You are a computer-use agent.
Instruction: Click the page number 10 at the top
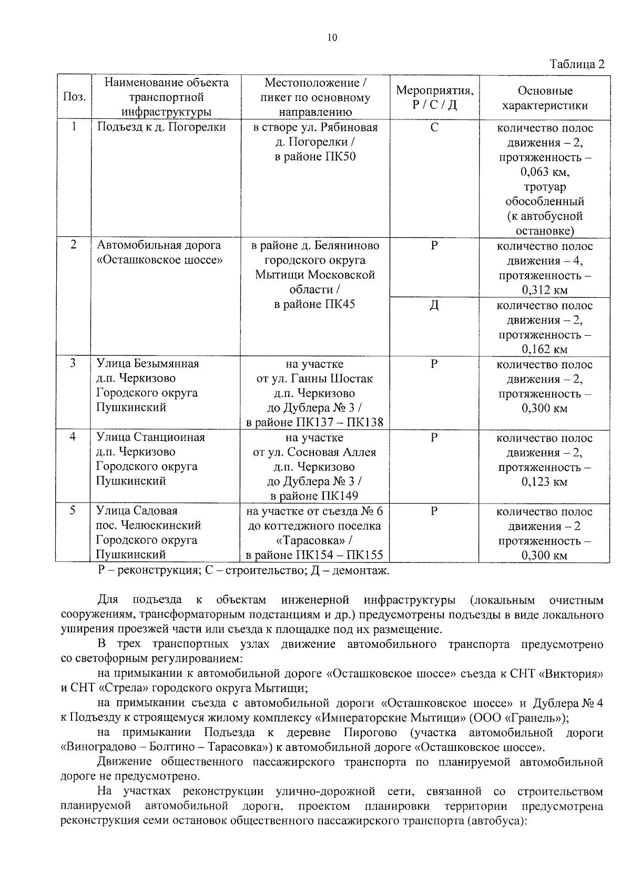(x=332, y=37)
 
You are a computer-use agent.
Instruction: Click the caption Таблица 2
(x=577, y=64)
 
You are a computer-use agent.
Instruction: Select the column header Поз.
(x=74, y=97)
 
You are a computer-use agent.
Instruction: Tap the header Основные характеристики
(x=544, y=98)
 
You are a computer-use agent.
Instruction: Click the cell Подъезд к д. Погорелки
(x=161, y=127)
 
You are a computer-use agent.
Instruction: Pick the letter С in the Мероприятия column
(x=434, y=128)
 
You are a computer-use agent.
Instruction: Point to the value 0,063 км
(x=544, y=172)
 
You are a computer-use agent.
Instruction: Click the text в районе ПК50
(x=315, y=157)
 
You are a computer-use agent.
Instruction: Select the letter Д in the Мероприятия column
(x=434, y=306)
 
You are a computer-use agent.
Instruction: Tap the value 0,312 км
(x=544, y=290)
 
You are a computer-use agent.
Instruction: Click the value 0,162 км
(x=544, y=349)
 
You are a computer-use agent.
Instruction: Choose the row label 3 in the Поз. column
(x=74, y=364)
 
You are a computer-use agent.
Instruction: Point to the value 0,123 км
(x=544, y=481)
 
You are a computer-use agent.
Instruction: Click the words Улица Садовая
(x=137, y=511)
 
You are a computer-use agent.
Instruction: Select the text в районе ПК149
(x=314, y=496)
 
